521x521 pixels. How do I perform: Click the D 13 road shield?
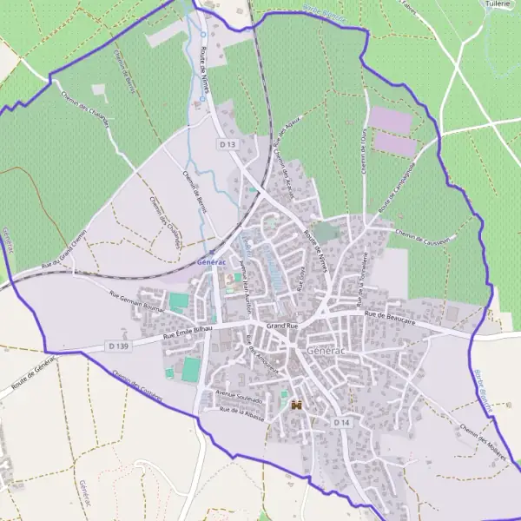click(x=228, y=144)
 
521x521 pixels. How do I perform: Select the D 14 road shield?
click(x=341, y=422)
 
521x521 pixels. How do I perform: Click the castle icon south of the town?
click(x=297, y=405)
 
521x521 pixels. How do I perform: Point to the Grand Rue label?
click(x=282, y=326)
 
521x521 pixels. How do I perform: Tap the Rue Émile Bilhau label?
click(x=189, y=333)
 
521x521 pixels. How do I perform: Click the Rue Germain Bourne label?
click(x=137, y=300)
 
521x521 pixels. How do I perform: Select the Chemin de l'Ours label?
click(x=364, y=152)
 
